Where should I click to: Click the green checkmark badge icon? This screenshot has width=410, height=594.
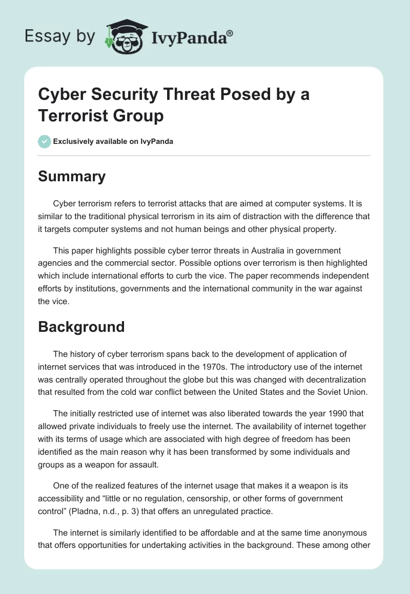pos(45,141)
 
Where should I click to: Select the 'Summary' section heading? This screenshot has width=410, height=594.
pos(72,176)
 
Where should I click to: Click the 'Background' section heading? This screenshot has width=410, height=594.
pos(81,326)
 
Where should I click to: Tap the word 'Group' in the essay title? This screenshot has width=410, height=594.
pos(140,116)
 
